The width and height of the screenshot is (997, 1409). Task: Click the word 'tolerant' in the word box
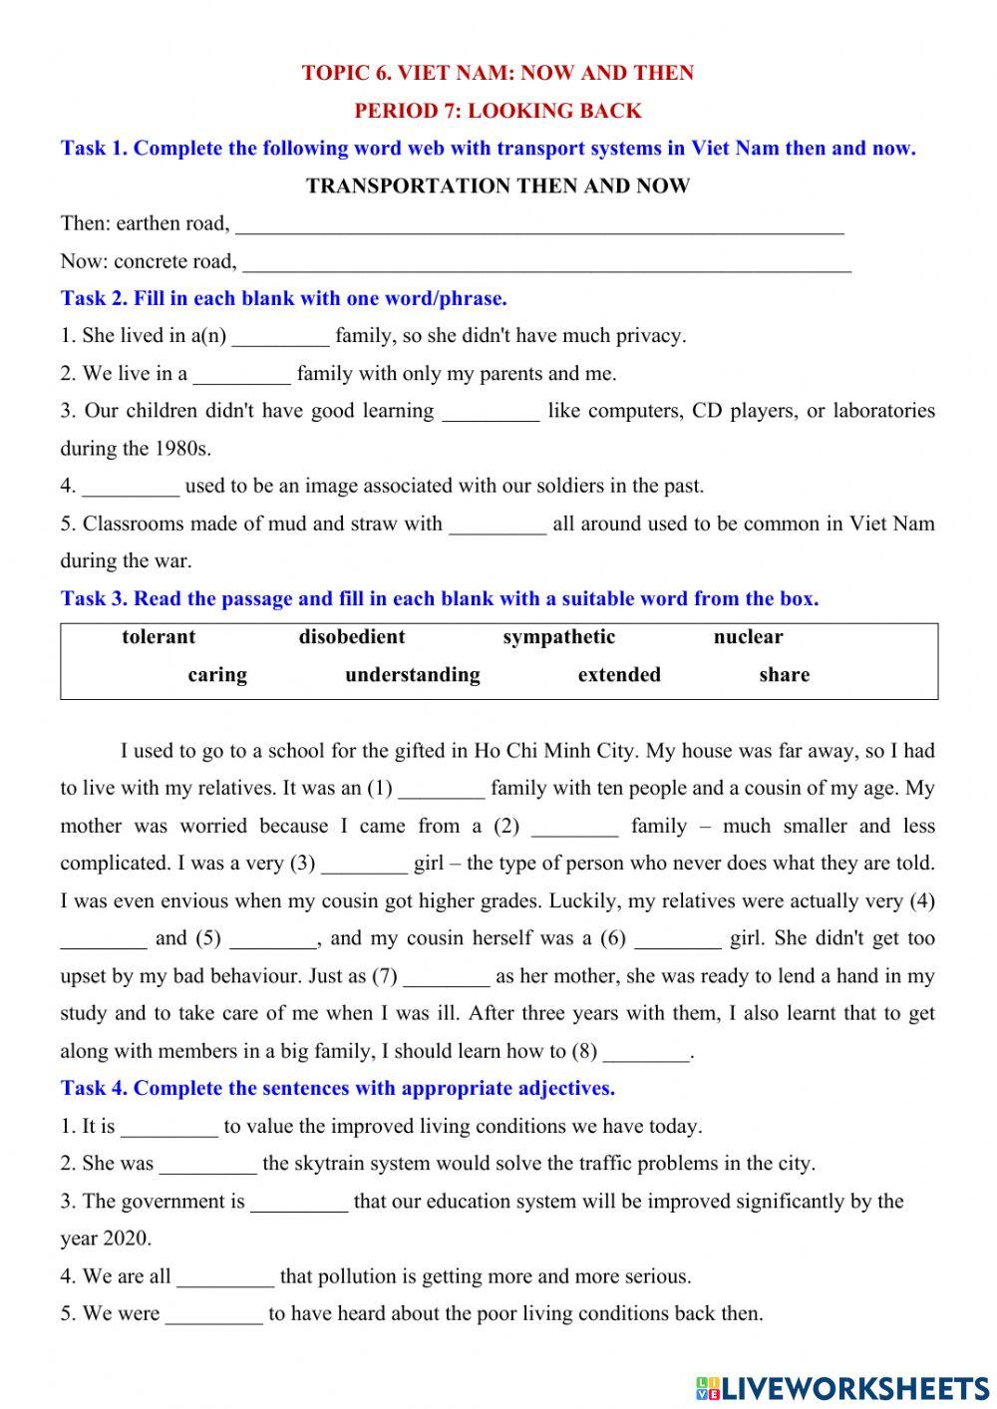pos(159,637)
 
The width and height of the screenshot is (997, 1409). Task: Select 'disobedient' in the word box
pos(351,637)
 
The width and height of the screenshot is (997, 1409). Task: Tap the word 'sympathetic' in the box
pos(558,637)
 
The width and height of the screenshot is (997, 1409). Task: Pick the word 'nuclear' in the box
pos(748,637)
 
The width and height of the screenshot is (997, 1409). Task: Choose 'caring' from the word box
pos(217,675)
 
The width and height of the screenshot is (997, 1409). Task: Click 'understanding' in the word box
pos(412,675)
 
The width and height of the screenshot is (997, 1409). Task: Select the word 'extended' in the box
pos(618,675)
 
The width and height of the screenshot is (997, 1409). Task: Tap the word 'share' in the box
pos(784,675)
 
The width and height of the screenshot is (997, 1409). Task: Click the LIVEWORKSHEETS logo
pos(842,1387)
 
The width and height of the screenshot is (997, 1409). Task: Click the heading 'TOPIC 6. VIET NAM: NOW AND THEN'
pos(498,73)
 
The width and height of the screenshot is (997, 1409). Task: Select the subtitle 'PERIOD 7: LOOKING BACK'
pos(498,111)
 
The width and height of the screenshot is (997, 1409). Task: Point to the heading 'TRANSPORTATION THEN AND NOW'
pos(498,186)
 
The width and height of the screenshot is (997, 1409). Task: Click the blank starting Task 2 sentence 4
pos(131,490)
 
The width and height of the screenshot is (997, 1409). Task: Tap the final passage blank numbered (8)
pos(646,1054)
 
